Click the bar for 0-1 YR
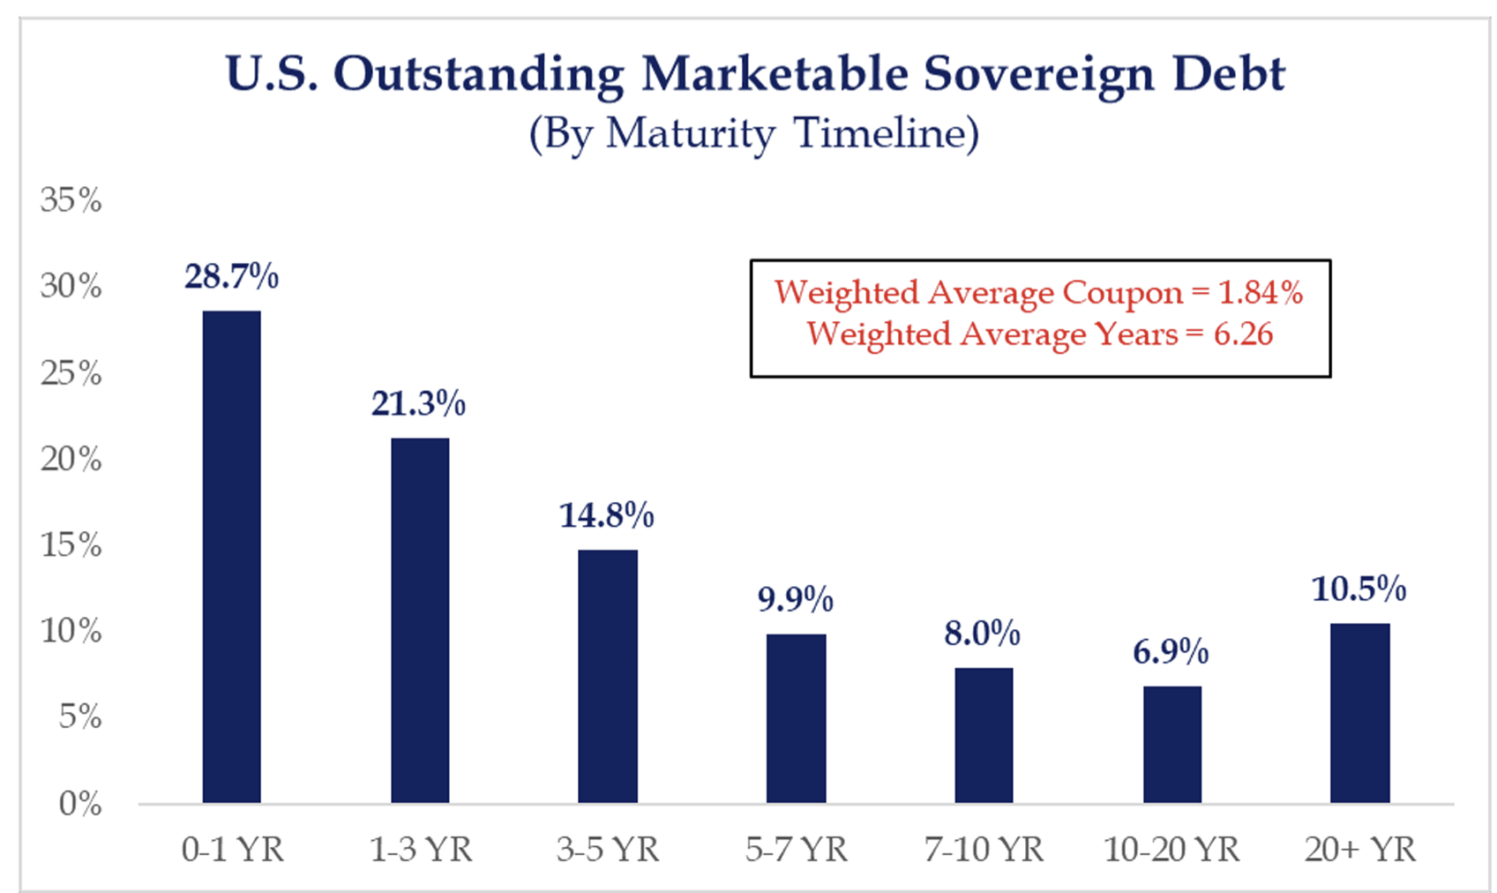(x=231, y=556)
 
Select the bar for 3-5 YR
(x=607, y=676)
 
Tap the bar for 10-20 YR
(x=1171, y=744)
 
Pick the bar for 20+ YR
(x=1359, y=713)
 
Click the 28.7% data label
(x=231, y=277)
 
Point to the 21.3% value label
(x=418, y=404)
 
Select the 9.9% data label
(x=795, y=600)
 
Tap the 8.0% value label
(x=982, y=634)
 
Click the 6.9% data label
(x=1171, y=653)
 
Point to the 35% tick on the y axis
(x=71, y=200)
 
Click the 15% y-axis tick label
(x=71, y=545)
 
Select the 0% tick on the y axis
(x=80, y=804)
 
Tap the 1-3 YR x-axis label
(x=421, y=850)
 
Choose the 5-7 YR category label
(x=796, y=850)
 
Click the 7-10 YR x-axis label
(x=984, y=850)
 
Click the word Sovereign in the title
(x=1039, y=74)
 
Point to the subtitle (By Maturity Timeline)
(x=754, y=134)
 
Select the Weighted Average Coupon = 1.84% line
(x=1038, y=292)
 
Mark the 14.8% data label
(x=607, y=515)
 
